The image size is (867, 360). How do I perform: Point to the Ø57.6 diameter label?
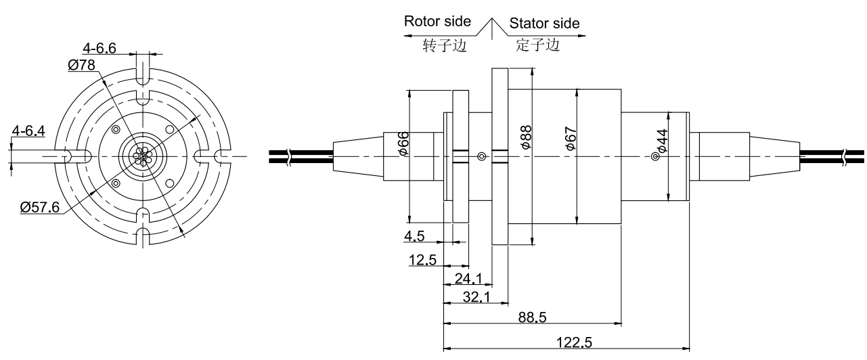[x=40, y=208]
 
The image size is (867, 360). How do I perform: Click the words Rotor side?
[x=437, y=21]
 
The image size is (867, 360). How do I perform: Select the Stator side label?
[x=544, y=23]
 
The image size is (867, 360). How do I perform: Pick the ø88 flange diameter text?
[x=526, y=137]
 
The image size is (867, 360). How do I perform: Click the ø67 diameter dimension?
[x=571, y=137]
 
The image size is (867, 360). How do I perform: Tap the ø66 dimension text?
[x=403, y=143]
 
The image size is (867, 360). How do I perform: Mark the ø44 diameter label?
[x=661, y=141]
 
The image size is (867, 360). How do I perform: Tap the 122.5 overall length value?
[x=573, y=342]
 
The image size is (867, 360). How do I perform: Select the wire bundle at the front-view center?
[x=141, y=156]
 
